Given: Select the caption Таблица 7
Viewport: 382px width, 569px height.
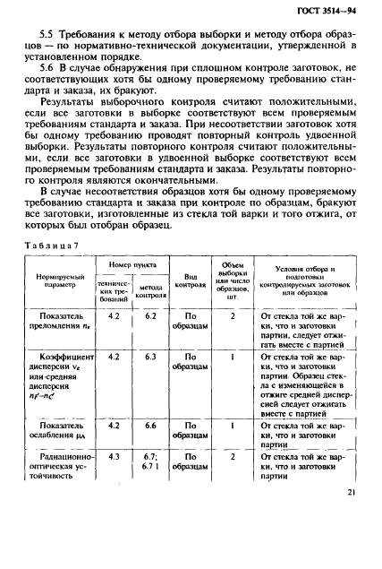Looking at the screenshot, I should pos(55,245).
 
